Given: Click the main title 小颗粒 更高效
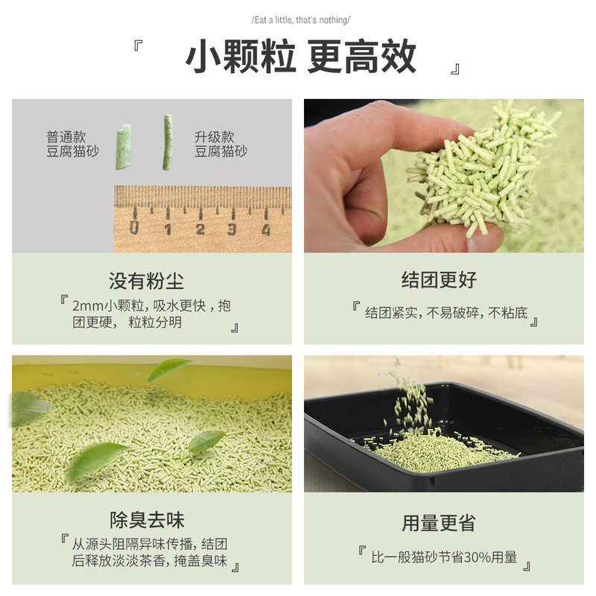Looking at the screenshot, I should (300, 57).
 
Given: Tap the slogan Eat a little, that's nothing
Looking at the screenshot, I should (300, 19).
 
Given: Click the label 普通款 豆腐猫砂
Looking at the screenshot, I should (72, 144).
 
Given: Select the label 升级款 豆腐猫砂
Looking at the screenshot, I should (221, 144).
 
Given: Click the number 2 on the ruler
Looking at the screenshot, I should (200, 229).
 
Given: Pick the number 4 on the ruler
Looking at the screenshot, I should (265, 229).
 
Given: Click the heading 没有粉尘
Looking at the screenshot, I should (146, 282).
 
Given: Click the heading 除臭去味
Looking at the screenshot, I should (147, 519).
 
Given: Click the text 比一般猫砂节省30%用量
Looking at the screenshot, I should (444, 557).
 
